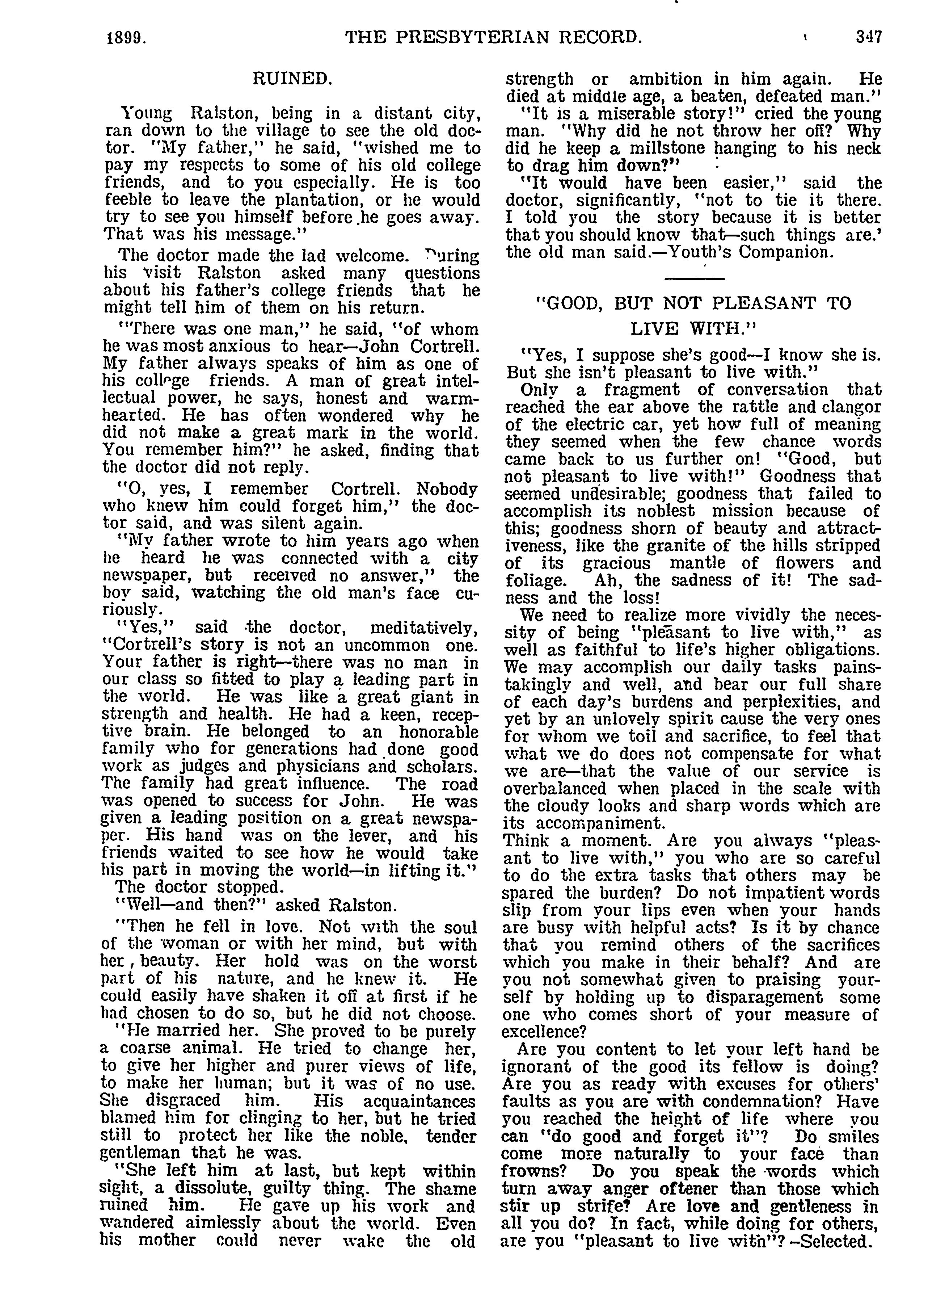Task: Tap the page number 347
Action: pos(869,37)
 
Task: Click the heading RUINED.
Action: pos(292,79)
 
